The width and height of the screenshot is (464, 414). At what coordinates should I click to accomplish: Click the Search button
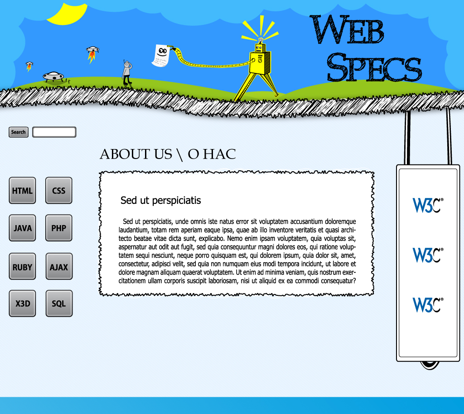pos(18,132)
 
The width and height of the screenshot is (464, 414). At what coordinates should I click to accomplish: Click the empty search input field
pos(54,132)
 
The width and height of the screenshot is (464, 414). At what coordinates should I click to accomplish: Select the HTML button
pos(22,190)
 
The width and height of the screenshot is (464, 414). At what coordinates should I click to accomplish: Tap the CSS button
pos(58,190)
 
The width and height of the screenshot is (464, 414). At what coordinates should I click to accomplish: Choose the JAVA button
pos(22,228)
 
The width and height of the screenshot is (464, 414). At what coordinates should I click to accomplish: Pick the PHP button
pos(58,228)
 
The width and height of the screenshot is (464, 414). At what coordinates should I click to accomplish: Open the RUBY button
pos(22,266)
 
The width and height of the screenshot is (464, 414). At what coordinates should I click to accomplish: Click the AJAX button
pos(59,266)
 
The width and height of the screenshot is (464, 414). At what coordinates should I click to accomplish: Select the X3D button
pos(22,303)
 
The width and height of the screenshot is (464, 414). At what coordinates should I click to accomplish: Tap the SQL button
pos(59,303)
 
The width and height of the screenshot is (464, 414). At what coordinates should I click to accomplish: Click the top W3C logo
pos(428,205)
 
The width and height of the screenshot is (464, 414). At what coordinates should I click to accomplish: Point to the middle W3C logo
pos(428,255)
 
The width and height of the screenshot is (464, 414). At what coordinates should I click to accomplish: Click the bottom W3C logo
pos(428,305)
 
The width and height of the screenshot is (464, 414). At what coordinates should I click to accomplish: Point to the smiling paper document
pos(161,56)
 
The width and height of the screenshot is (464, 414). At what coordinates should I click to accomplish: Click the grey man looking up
pos(127,72)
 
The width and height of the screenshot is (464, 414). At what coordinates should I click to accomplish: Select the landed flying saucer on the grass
pos(53,77)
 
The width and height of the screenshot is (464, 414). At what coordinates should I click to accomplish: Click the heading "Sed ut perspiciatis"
pos(161,201)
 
